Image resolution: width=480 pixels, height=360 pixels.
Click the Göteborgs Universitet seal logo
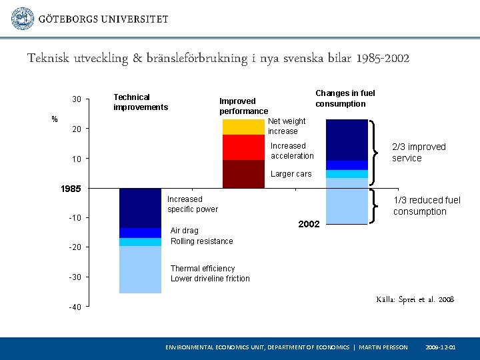point(23,19)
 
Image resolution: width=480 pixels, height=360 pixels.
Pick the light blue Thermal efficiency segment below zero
point(140,269)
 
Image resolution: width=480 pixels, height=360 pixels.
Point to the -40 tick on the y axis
point(75,307)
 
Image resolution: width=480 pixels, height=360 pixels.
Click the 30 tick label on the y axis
point(77,100)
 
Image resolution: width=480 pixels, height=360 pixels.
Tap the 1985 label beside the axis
point(70,189)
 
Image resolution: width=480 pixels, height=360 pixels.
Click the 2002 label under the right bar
point(309,225)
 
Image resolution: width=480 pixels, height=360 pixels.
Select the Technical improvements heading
point(141,102)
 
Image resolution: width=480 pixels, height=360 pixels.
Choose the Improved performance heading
point(243,106)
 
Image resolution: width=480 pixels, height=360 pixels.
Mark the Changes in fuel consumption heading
point(345,99)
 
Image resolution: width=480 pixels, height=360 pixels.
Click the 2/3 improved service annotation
point(419,152)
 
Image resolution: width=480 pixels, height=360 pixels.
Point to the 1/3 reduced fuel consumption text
point(427,206)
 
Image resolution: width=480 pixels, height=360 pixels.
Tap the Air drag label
point(185,231)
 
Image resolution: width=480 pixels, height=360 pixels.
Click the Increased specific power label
point(193,204)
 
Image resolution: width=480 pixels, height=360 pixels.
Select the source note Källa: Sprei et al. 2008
point(415,300)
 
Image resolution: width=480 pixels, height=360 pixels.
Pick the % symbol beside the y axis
point(55,119)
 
